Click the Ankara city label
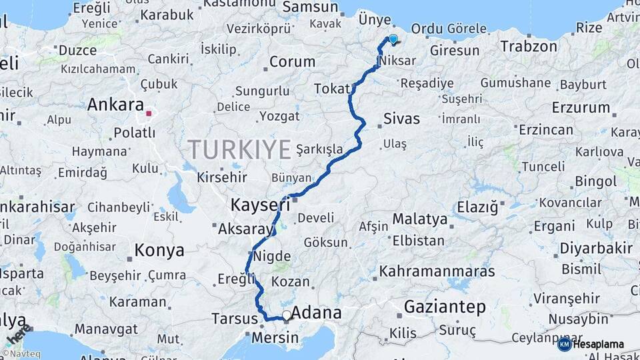pos(115,105)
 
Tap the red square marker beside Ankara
pos(149,113)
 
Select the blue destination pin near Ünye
pos(393,39)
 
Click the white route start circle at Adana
pos(287,315)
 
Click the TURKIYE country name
pos(239,149)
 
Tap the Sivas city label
pos(402,119)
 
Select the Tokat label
pos(332,89)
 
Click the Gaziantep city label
pos(445,307)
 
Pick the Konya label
pos(159,251)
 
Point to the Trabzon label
pos(529,47)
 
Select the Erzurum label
pos(581,107)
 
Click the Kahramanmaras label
pos(437,271)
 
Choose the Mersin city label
pos(275,338)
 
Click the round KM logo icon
pos(564,344)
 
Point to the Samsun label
pos(311,7)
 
